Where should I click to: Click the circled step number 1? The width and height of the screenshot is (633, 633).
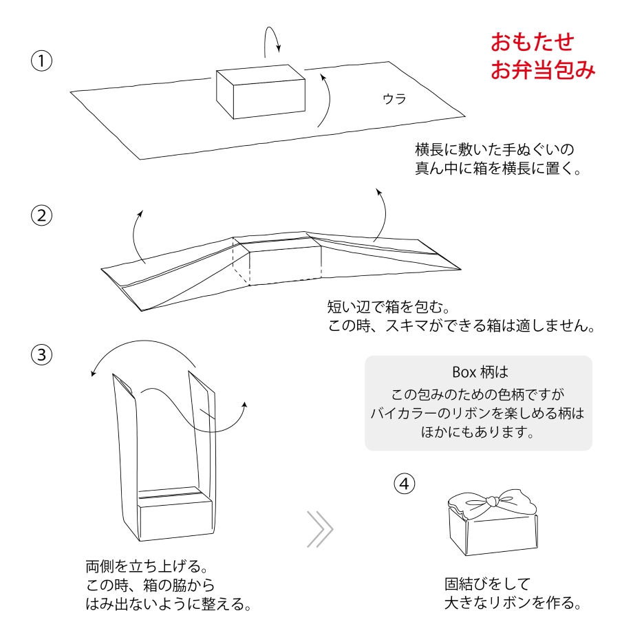(x=42, y=61)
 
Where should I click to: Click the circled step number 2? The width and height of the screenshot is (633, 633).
(x=42, y=215)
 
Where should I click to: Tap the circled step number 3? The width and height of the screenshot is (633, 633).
(x=42, y=354)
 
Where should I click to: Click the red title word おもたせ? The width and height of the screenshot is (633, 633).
(x=533, y=42)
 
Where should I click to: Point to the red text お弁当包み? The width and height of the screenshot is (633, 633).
(x=542, y=70)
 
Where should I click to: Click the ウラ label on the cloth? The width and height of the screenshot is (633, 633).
(x=394, y=98)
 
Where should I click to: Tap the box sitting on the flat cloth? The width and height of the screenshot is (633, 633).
(x=261, y=93)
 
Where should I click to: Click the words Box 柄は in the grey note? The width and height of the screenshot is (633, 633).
(x=480, y=372)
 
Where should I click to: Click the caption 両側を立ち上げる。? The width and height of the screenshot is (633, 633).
(x=146, y=568)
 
